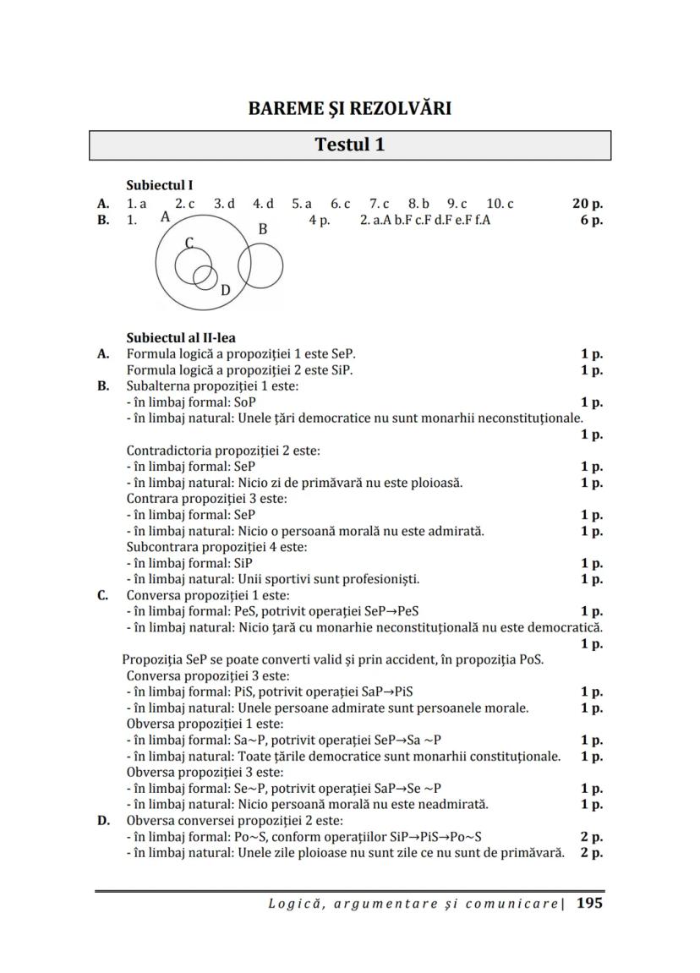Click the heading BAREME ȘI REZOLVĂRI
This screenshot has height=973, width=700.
click(350, 108)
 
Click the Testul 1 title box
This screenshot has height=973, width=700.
click(350, 145)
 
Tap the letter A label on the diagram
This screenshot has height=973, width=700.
click(165, 217)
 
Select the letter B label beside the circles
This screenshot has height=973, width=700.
click(263, 229)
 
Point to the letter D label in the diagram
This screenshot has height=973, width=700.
click(225, 291)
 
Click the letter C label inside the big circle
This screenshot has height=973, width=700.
click(189, 243)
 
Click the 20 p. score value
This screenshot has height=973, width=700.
click(588, 204)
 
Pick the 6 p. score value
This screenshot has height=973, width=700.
click(591, 220)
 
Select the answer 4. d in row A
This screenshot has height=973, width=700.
click(263, 204)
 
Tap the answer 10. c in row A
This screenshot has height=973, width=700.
click(500, 204)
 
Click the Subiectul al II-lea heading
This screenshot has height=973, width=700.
click(181, 338)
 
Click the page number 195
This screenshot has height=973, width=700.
click(589, 903)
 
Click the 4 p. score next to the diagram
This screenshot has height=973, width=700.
click(319, 220)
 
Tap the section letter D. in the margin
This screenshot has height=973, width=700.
click(102, 820)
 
